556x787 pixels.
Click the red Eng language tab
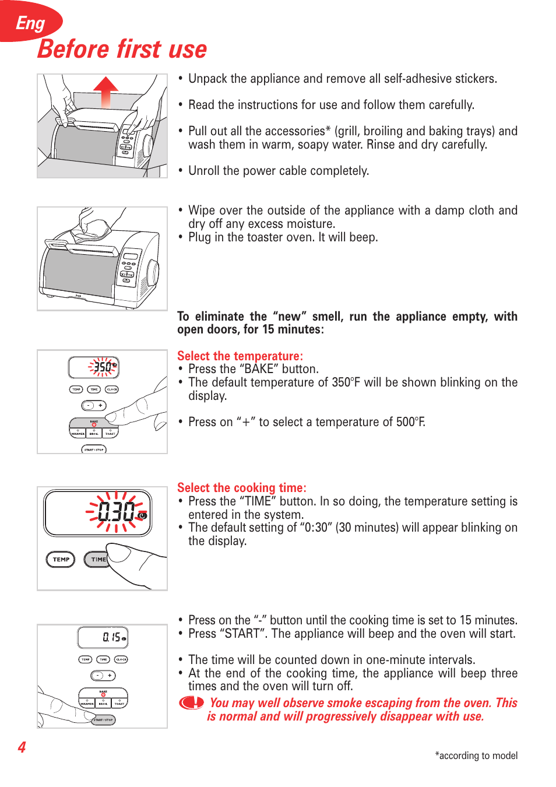30,23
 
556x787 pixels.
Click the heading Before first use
122,50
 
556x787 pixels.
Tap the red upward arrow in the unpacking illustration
105,92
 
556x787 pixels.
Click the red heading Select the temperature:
240,356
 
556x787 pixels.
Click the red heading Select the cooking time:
241,487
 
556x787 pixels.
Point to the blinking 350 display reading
103,367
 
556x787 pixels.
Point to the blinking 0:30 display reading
117,512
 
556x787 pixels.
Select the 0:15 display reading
111,637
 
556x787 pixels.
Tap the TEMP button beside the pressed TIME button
61,559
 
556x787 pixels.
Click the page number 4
22,747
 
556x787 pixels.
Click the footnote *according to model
476,756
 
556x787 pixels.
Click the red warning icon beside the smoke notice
191,703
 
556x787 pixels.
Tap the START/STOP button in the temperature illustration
94,449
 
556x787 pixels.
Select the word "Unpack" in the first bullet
207,79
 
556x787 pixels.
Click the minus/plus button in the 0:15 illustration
103,675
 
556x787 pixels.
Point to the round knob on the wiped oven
153,273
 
